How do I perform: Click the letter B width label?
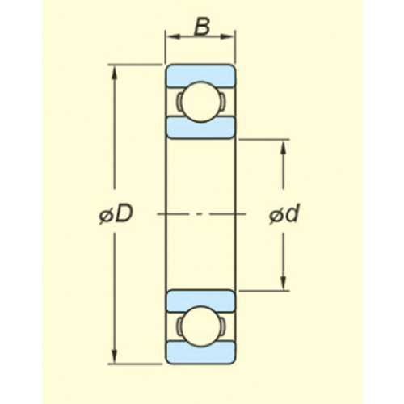202,27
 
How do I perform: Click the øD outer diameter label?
116,214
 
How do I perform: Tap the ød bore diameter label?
284,214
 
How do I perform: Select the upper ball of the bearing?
200,102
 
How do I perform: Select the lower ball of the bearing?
200,326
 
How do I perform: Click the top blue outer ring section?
200,75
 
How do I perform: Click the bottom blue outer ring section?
200,353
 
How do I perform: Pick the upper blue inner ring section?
200,128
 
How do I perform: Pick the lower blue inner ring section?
200,301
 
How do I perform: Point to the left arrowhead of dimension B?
172,36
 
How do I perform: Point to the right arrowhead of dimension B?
229,36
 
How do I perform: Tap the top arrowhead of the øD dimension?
115,72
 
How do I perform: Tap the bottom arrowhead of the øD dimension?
115,356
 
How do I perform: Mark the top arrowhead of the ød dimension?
283,147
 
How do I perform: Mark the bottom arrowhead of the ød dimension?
283,283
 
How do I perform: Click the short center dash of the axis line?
199,214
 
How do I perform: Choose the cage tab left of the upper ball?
179,102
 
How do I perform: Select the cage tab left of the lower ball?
179,326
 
